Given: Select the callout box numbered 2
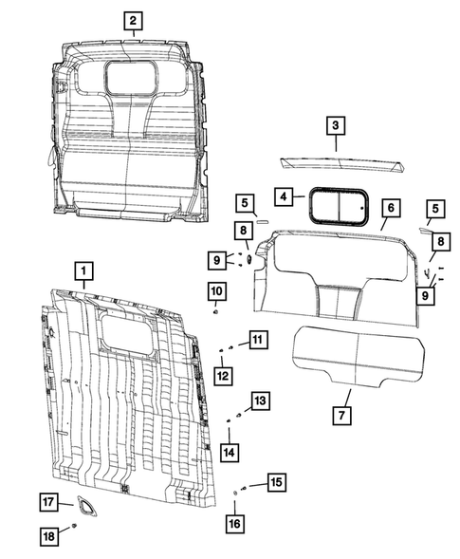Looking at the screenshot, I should tap(133, 21).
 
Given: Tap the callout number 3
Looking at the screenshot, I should tap(336, 124).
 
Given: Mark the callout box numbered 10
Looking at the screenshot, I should tap(216, 289).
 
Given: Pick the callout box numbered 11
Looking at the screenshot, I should tap(258, 340).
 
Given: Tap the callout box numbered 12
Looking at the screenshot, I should tap(223, 377).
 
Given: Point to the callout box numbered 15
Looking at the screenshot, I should tap(274, 482).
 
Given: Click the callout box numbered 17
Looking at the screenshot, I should tap(48, 501).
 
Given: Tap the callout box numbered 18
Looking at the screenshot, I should tap(48, 536).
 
